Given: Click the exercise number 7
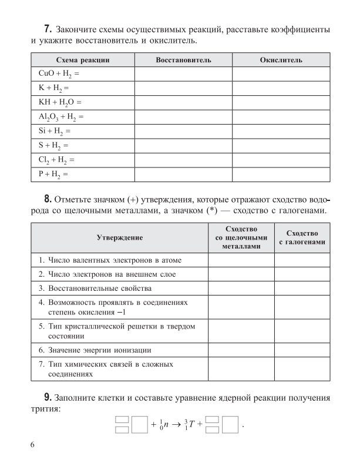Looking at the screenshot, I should point(48,29).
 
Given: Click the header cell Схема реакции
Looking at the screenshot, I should point(83,61).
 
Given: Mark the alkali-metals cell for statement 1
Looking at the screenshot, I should point(241,259).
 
